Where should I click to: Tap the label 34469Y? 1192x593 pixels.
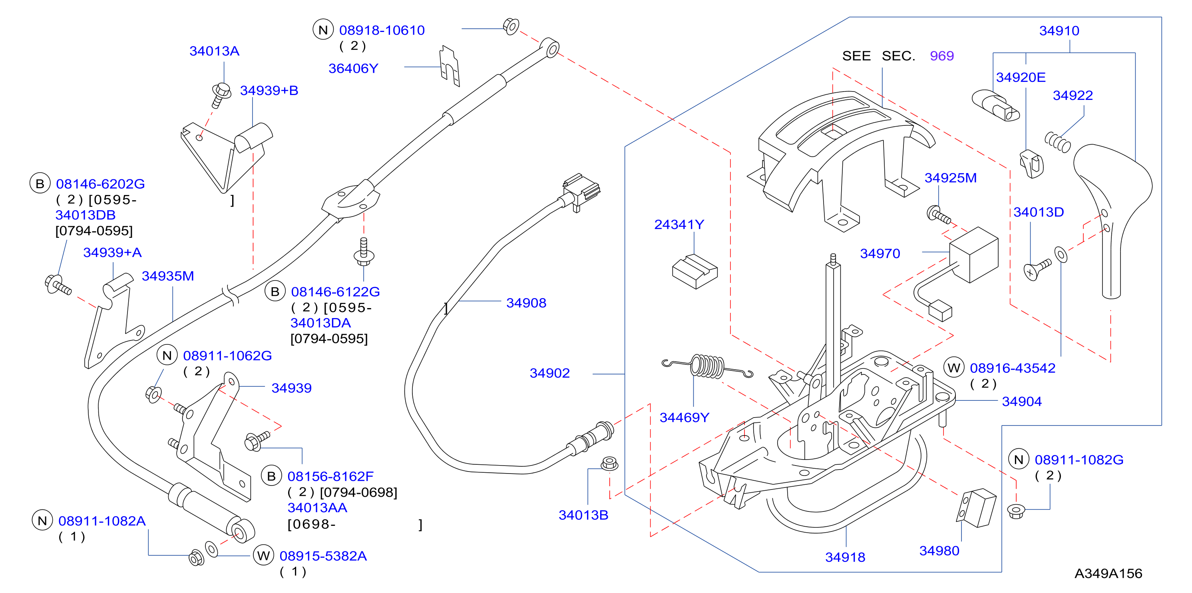[684, 417]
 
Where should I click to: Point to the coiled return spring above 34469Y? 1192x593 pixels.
[707, 366]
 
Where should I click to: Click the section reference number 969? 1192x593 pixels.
[942, 56]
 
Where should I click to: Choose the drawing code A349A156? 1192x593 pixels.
[1108, 573]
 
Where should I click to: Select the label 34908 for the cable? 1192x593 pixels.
[526, 303]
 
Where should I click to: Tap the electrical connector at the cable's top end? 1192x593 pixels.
[582, 191]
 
